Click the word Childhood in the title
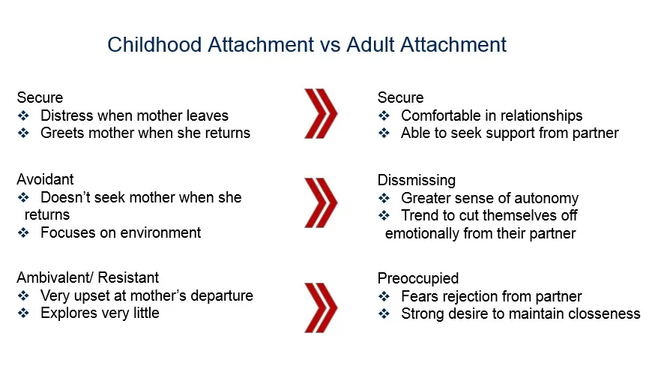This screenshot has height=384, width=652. tap(154, 44)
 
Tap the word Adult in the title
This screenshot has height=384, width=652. tap(370, 44)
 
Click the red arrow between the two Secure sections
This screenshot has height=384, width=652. tap(321, 113)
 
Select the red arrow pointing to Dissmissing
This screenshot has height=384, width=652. tap(321, 202)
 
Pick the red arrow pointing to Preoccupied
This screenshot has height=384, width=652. tap(321, 307)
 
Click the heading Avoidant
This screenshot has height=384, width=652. tap(45, 179)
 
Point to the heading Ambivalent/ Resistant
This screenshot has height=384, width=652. tap(88, 277)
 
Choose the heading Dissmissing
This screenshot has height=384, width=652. tap(416, 181)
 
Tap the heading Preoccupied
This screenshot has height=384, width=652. tap(418, 279)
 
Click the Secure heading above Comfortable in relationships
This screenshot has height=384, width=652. tap(400, 97)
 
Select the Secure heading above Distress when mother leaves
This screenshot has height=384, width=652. tap(40, 97)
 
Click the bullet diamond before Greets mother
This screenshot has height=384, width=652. tap(23, 133)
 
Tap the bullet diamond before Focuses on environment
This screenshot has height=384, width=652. tap(23, 232)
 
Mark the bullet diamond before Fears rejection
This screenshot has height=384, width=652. tap(384, 297)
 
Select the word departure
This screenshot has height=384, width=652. tap(222, 296)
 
